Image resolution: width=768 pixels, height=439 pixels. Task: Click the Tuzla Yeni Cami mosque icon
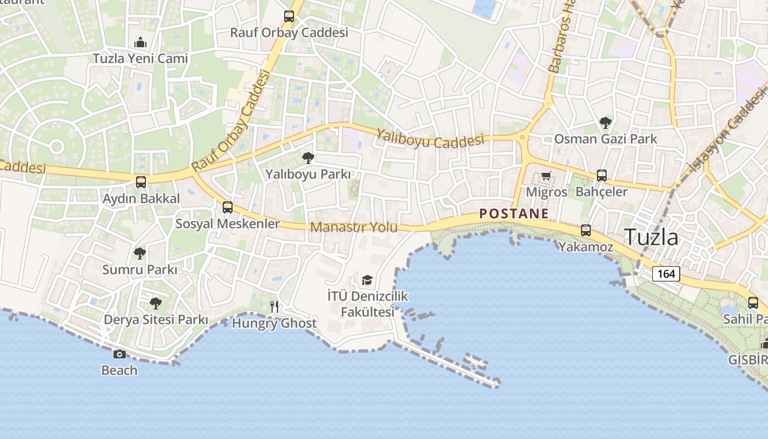(140, 42)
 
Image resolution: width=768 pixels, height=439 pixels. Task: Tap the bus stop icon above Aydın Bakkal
(141, 182)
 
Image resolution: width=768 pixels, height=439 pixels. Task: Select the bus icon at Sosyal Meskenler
(228, 207)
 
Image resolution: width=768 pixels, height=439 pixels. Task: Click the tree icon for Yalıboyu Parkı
(308, 158)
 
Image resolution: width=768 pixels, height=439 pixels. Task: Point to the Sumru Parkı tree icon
(140, 253)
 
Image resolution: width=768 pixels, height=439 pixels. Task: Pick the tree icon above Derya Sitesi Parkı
(156, 303)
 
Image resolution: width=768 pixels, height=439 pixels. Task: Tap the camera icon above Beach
(120, 354)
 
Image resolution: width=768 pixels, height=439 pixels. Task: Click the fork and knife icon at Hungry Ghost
(274, 307)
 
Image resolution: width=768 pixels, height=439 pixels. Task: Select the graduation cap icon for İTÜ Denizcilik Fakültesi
(367, 280)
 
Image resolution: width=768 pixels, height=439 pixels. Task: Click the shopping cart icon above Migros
(546, 176)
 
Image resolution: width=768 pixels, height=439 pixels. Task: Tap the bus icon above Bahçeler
(602, 176)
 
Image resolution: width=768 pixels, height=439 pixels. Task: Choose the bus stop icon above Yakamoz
(586, 230)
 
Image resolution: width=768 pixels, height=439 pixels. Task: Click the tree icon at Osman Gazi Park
(606, 122)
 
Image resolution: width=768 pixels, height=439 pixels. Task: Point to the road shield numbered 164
(666, 273)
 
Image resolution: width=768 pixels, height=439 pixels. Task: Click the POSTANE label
(514, 213)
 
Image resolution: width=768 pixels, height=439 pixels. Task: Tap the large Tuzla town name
(652, 237)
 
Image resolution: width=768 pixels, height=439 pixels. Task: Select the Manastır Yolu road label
(354, 227)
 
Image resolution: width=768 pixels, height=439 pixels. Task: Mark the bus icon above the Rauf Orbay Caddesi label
(289, 16)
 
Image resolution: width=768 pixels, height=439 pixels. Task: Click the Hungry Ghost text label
(274, 323)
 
